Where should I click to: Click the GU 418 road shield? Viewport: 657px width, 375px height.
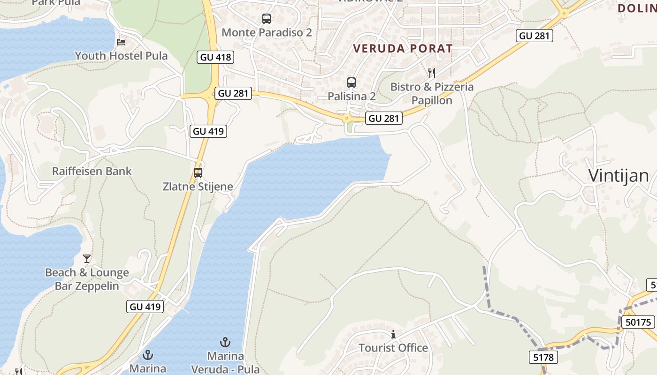click(x=215, y=57)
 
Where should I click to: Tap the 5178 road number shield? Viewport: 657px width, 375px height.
click(x=544, y=357)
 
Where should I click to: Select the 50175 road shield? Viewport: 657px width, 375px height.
click(x=638, y=322)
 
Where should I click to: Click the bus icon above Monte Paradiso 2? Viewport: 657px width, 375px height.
click(x=267, y=19)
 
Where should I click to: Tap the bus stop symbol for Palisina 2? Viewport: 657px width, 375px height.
click(x=351, y=82)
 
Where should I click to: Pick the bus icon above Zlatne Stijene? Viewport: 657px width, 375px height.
click(x=198, y=172)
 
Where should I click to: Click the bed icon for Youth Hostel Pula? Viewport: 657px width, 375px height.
click(x=121, y=42)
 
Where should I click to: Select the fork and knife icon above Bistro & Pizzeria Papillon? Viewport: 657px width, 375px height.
click(x=432, y=73)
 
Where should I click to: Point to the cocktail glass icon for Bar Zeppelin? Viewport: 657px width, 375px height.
click(x=87, y=258)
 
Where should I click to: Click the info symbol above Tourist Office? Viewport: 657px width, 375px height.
click(x=393, y=334)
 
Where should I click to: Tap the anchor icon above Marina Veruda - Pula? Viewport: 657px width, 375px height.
click(x=225, y=342)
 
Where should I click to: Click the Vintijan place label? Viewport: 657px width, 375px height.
click(x=619, y=176)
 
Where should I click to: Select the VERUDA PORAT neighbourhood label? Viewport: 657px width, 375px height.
click(x=403, y=48)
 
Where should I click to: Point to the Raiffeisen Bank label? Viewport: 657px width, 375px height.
click(x=92, y=171)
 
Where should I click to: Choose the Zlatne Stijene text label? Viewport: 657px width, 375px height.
click(x=198, y=187)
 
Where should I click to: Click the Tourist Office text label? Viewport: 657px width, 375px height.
click(x=393, y=348)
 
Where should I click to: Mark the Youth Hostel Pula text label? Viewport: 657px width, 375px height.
click(x=121, y=56)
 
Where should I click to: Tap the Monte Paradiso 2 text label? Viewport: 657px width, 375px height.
click(x=267, y=32)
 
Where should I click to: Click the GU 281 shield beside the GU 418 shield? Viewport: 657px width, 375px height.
click(x=233, y=93)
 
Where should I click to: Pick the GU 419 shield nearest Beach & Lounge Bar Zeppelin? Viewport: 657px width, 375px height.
click(x=145, y=307)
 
